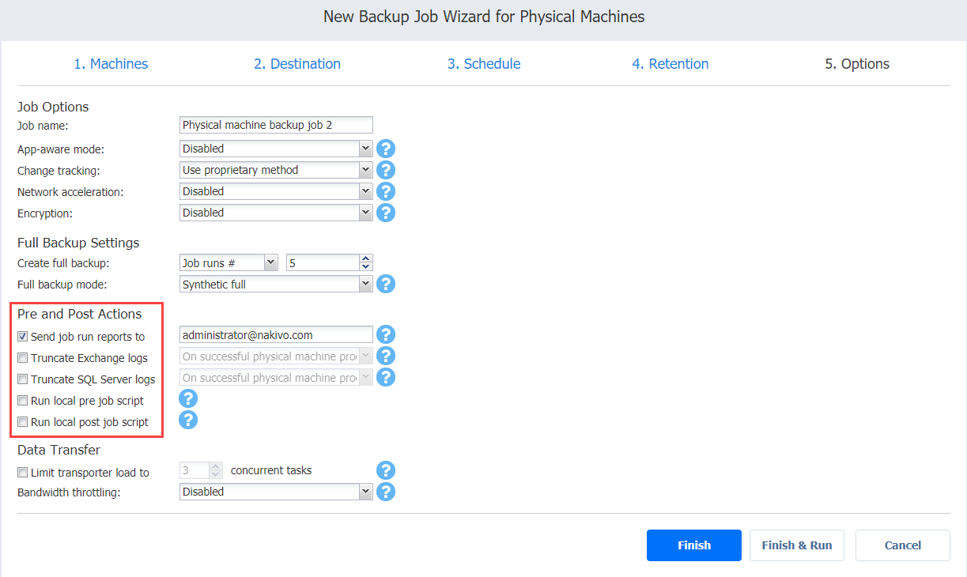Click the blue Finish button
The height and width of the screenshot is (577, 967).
point(693,545)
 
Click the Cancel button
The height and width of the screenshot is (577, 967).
point(903,545)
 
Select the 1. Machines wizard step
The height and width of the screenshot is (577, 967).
point(111,64)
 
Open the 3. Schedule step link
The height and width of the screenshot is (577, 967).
point(484,64)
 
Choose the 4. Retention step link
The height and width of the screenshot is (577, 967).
point(670,64)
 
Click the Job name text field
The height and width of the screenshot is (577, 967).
point(276,125)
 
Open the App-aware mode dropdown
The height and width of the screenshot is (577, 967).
point(276,149)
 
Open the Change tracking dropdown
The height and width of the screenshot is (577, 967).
point(276,170)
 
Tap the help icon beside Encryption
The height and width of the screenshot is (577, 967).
point(386,213)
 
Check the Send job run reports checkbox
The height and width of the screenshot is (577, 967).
point(22,336)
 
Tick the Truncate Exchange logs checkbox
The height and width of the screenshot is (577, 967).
point(22,358)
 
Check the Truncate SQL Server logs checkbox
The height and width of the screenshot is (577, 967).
point(22,379)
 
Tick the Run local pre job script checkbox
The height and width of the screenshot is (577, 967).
point(22,401)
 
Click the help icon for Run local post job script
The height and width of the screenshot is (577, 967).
point(188,420)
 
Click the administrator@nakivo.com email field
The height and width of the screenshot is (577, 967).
point(276,335)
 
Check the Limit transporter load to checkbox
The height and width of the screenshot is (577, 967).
point(22,472)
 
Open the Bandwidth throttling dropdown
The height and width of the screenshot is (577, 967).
point(276,492)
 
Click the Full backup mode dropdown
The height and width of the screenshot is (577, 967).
point(276,285)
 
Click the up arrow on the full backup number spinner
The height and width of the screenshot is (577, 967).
point(365,258)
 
